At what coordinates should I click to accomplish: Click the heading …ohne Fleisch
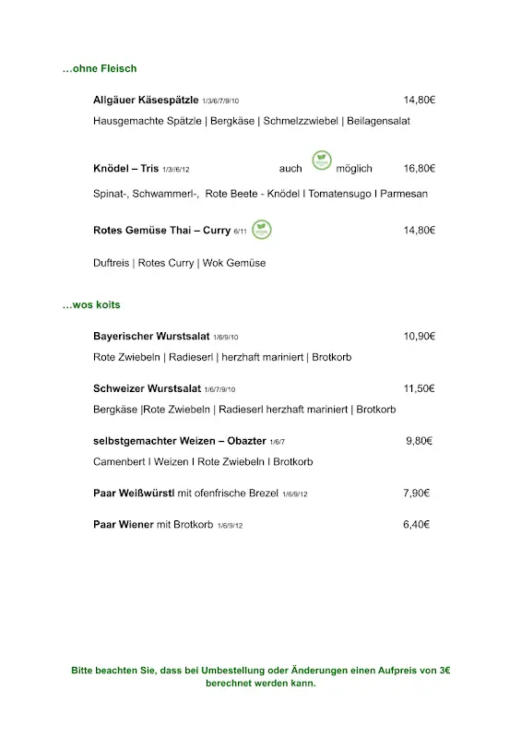pos(99,68)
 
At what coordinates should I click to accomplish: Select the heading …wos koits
pos(91,304)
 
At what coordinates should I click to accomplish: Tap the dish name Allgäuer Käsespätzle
pos(146,100)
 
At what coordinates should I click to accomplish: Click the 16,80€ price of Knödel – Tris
pos(420,169)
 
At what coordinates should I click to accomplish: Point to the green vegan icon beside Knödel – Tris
pos(322,161)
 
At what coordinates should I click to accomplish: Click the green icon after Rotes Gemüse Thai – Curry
pos(262,229)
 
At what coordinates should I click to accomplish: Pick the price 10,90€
pos(420,337)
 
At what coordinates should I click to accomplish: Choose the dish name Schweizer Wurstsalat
pos(148,388)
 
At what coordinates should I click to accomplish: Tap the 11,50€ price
pos(420,388)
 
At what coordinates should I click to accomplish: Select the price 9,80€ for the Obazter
pos(420,441)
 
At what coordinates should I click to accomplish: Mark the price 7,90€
pos(418,494)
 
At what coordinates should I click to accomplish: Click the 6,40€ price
pos(418,525)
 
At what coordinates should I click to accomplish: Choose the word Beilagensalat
pos(379,121)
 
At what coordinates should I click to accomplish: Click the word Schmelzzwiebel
pos(300,121)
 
